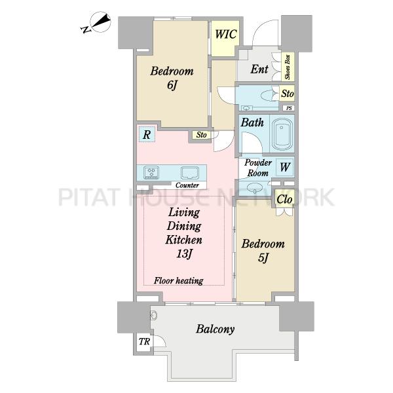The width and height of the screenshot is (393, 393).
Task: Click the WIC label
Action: (225, 34)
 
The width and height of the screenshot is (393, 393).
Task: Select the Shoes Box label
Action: (288, 67)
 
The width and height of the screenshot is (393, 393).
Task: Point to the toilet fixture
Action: (269, 95)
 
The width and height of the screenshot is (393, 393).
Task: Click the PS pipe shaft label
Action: (289, 108)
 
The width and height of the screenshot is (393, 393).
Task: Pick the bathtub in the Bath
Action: (282, 134)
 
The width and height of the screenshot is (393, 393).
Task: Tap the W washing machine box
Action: (285, 167)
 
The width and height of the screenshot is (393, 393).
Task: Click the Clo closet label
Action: (284, 200)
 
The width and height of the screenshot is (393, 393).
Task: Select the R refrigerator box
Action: (147, 134)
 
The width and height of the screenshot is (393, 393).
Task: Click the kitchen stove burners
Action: (151, 172)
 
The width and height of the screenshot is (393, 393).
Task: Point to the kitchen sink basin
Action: (190, 172)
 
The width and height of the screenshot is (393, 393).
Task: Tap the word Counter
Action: (187, 185)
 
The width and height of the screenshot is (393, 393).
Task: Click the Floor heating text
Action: (178, 280)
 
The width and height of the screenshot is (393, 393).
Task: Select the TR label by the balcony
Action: (144, 341)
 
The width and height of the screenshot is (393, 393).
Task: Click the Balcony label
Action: (215, 329)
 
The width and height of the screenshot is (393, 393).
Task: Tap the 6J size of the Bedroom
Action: (172, 85)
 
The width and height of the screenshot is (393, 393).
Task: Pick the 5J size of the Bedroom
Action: (263, 258)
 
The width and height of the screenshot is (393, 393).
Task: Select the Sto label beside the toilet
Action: (288, 94)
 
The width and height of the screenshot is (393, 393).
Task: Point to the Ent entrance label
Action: (259, 69)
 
